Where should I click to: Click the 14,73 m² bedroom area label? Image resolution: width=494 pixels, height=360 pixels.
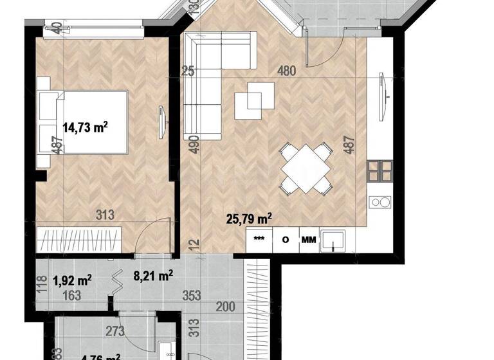[x=84, y=127]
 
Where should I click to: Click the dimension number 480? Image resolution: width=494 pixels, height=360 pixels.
[x=286, y=71]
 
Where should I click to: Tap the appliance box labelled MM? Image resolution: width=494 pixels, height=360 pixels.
[x=309, y=240]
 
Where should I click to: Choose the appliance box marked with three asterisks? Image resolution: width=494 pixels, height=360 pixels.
[x=260, y=240]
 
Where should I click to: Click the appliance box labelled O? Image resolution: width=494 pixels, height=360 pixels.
[x=284, y=240]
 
